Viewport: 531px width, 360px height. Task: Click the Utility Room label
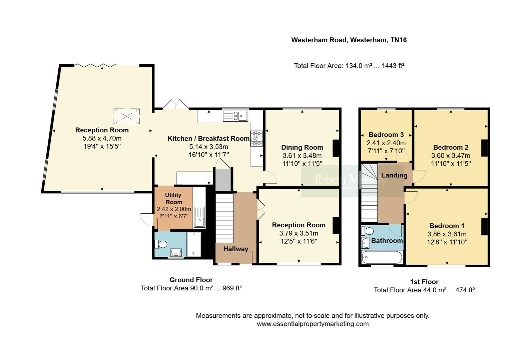click(173, 198)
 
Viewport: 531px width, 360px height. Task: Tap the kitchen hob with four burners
click(257, 138)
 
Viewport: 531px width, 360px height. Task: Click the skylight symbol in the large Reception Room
click(126, 116)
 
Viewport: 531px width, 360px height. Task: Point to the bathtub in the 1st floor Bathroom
click(382, 258)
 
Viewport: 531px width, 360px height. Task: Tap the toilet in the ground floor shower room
click(161, 244)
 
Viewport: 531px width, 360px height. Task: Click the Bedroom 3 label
click(386, 135)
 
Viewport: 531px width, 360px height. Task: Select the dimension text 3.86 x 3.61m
click(447, 234)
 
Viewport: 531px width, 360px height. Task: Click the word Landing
click(394, 175)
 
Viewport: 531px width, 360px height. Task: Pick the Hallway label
click(235, 249)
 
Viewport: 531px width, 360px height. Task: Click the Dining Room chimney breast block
click(336, 148)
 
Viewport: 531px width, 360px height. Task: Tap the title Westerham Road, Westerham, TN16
click(349, 40)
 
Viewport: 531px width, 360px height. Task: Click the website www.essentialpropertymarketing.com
click(313, 324)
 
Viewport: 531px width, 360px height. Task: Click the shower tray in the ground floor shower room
click(194, 244)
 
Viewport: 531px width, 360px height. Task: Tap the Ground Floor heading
click(191, 280)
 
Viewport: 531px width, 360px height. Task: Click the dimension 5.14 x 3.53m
click(208, 147)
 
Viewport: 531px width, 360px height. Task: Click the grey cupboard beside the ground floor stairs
click(223, 180)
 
